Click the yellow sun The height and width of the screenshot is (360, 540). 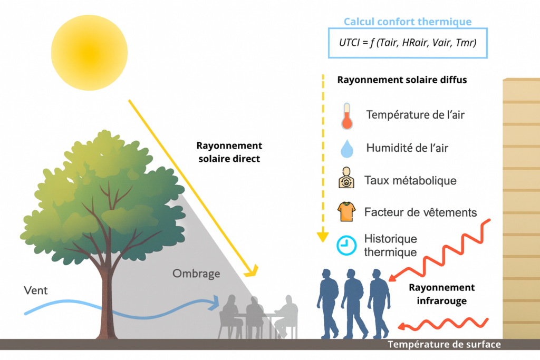click(90, 52)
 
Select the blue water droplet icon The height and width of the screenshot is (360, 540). click(346, 149)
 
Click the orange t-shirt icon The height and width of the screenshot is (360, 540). click(347, 212)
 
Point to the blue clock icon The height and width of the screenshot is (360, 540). click(346, 245)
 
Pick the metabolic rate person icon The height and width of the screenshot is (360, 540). click(347, 180)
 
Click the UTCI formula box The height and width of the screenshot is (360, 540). click(407, 43)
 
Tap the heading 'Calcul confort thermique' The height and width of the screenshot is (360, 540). click(407, 22)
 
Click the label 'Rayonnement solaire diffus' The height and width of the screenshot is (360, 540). click(401, 81)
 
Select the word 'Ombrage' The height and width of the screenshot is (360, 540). click(196, 274)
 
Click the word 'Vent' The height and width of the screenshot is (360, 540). click(36, 290)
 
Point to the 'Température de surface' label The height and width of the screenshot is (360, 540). click(444, 345)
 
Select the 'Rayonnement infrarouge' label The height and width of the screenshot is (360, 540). click(441, 294)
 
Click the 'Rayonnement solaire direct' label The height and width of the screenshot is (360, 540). click(229, 152)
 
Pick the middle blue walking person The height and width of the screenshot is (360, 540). click(352, 303)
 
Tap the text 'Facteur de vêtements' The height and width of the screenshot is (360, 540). click(420, 212)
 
